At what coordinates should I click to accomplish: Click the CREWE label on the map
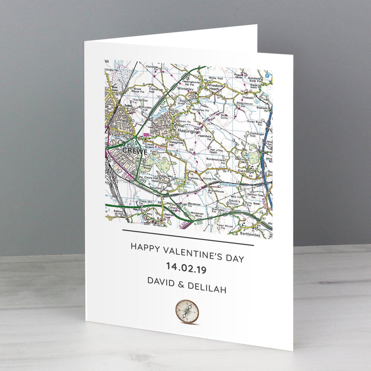click(135, 151)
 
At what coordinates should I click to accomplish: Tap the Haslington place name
click(189, 131)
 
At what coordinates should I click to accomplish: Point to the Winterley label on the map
click(185, 89)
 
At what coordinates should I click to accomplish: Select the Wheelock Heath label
click(215, 87)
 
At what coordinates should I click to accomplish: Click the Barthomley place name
click(250, 234)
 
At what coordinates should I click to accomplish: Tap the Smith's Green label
click(234, 202)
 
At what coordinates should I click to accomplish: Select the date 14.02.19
click(186, 268)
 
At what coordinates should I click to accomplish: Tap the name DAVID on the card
click(161, 281)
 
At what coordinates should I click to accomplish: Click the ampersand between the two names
click(181, 284)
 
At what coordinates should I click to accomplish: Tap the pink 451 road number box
click(146, 135)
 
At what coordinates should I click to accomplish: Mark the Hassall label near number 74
click(248, 98)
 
